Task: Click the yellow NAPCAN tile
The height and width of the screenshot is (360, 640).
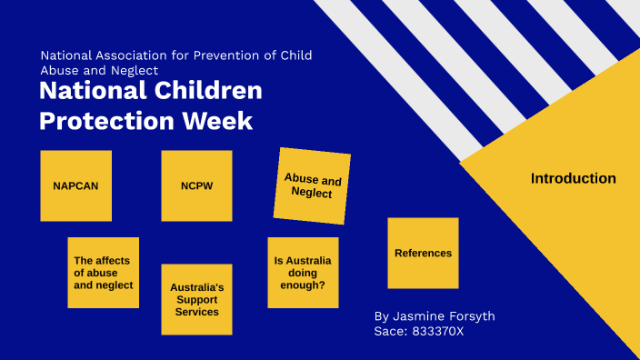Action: [x=75, y=185]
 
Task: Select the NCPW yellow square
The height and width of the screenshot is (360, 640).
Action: [x=196, y=185]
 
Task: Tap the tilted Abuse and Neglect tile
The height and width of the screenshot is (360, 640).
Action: [x=313, y=186]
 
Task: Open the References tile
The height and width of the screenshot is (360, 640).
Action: [x=423, y=253]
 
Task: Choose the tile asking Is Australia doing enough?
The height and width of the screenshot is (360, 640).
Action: [x=303, y=272]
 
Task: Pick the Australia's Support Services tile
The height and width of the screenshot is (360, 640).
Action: [x=196, y=299]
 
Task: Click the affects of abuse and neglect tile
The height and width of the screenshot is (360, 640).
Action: [x=103, y=273]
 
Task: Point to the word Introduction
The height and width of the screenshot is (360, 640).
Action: [x=573, y=179]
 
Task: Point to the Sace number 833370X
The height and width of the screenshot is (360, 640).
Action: [x=438, y=332]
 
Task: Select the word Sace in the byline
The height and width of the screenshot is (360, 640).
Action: [x=389, y=332]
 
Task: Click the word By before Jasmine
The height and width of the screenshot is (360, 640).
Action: [x=382, y=316]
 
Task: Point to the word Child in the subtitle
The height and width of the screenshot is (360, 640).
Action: [x=295, y=55]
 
